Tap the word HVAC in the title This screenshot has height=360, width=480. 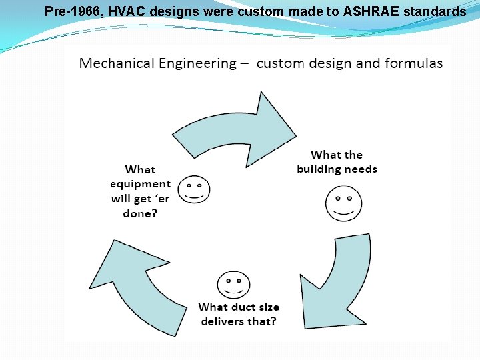tap(123, 11)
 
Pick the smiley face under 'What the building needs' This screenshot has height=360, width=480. tap(343, 204)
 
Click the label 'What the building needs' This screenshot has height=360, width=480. tap(337, 162)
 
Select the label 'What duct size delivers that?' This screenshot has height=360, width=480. tap(239, 314)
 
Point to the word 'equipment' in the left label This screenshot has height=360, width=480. tap(141, 183)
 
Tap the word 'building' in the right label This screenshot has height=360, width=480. tap(323, 169)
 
